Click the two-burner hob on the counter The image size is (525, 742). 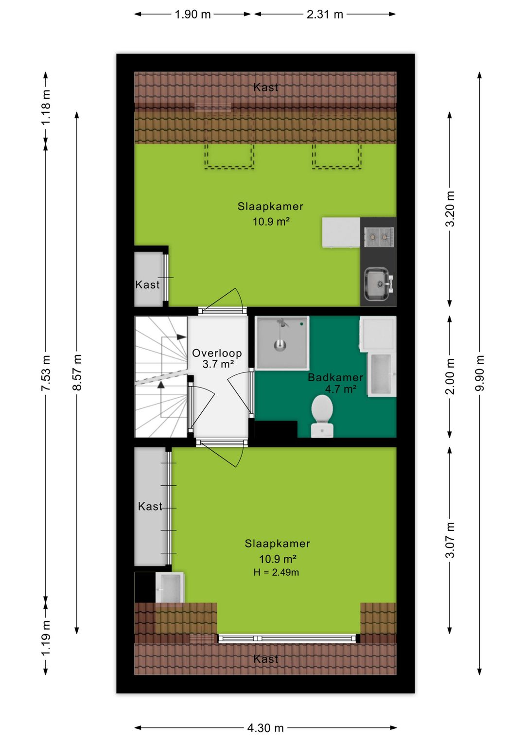[x=379, y=237]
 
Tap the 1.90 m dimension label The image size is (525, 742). [x=192, y=14]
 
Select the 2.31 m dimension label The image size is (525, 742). [x=325, y=14]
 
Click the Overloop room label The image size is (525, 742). [x=217, y=353]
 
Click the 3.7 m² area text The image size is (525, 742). [x=218, y=364]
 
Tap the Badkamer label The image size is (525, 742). [x=335, y=377]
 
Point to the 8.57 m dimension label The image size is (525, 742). [x=77, y=372]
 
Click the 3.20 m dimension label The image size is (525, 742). [x=450, y=209]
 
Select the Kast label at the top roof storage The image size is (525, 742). [x=265, y=88]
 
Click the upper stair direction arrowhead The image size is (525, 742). [x=181, y=337]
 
